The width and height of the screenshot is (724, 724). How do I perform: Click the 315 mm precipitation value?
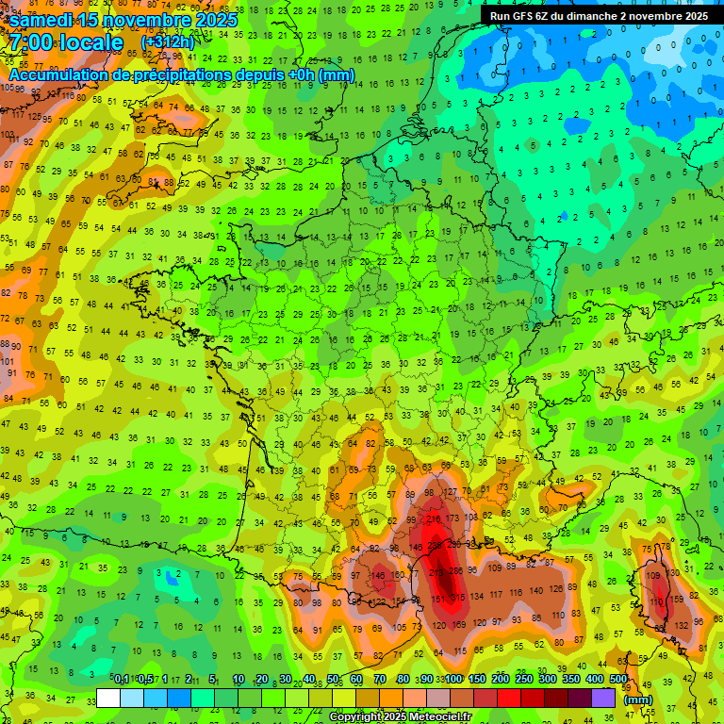click(459, 599)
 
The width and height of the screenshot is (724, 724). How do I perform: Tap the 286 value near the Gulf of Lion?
click(455, 570)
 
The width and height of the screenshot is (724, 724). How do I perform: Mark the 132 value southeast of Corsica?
click(682, 626)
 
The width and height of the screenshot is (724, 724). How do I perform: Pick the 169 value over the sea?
click(459, 625)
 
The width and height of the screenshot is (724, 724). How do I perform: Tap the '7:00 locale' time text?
click(66, 43)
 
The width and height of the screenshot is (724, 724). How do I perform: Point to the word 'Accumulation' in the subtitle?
click(59, 74)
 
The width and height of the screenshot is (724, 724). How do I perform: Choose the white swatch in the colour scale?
click(108, 698)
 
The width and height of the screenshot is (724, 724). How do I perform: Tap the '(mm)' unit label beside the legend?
click(638, 699)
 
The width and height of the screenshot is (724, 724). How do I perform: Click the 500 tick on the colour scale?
click(617, 679)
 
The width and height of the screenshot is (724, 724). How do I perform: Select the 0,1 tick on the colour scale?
click(122, 679)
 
